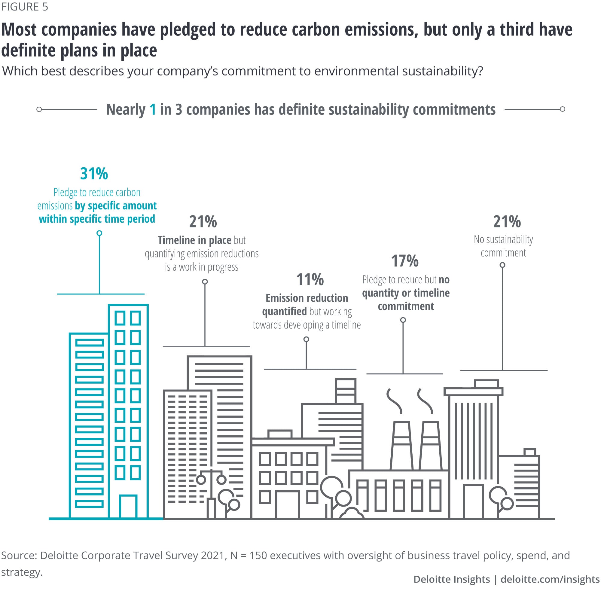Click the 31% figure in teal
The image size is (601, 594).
click(94, 174)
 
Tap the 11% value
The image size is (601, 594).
click(310, 279)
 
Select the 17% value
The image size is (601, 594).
click(404, 260)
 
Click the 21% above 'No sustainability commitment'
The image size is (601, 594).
click(507, 222)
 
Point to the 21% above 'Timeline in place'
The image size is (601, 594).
click(203, 222)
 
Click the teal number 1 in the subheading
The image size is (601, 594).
click(152, 109)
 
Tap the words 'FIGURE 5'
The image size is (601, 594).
click(25, 7)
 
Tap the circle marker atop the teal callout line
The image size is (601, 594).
click(99, 233)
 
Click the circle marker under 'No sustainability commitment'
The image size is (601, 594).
click(502, 265)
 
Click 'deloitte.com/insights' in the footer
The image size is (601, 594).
click(550, 579)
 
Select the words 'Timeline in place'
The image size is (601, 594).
click(194, 240)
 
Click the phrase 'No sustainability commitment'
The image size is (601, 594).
click(503, 246)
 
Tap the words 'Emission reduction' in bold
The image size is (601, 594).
click(307, 298)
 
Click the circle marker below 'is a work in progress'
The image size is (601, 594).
click(205, 282)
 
